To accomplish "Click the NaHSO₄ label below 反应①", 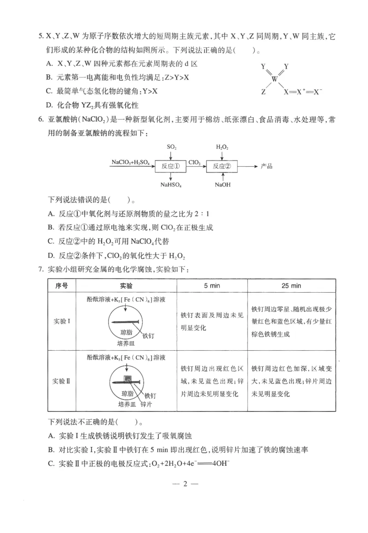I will pos(171,185).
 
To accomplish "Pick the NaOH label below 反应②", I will pos(222,185).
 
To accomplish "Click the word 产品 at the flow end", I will pos(266,166).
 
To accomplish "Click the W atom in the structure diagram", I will pos(275,79).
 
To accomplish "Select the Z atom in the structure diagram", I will pos(263,92).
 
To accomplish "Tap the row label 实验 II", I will pos(62,381).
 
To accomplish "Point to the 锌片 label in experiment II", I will pos(146,404).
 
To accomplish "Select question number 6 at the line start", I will pos(41,120).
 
